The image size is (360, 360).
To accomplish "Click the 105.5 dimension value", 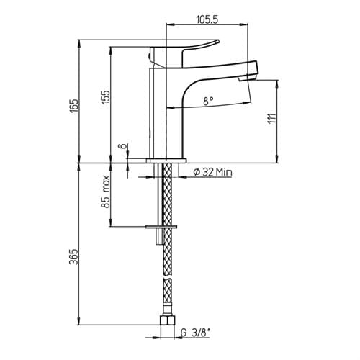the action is pyautogui.click(x=207, y=19).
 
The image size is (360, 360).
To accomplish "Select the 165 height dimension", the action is pyautogui.click(x=74, y=104).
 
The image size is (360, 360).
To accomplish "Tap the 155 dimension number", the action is pyautogui.click(x=105, y=96).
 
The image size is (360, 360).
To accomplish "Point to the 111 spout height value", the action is pyautogui.click(x=271, y=118).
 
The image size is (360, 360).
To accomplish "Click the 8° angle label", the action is pyautogui.click(x=208, y=101).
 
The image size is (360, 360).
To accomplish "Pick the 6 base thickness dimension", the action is pyautogui.click(x=123, y=145).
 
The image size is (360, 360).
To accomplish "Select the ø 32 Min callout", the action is pyautogui.click(x=212, y=172).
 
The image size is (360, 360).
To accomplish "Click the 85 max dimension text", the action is pyautogui.click(x=106, y=192).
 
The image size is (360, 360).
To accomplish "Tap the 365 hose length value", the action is pyautogui.click(x=74, y=256).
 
